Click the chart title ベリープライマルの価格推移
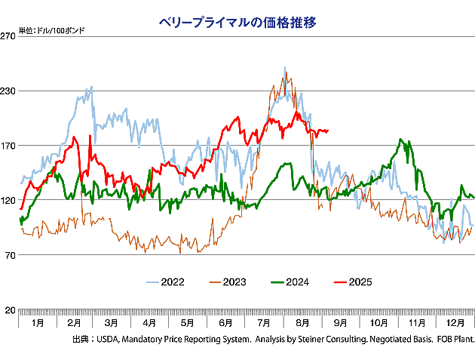(237, 22)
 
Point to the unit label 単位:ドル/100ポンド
(51, 30)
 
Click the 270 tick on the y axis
(8, 35)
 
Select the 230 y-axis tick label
(8, 91)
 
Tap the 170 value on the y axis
(8, 146)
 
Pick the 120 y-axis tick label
(8, 201)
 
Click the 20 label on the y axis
(11, 311)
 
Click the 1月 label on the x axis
(37, 322)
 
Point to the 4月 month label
(149, 322)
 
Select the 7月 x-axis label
(265, 322)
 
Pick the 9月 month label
(341, 322)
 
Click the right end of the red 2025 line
(327, 130)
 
